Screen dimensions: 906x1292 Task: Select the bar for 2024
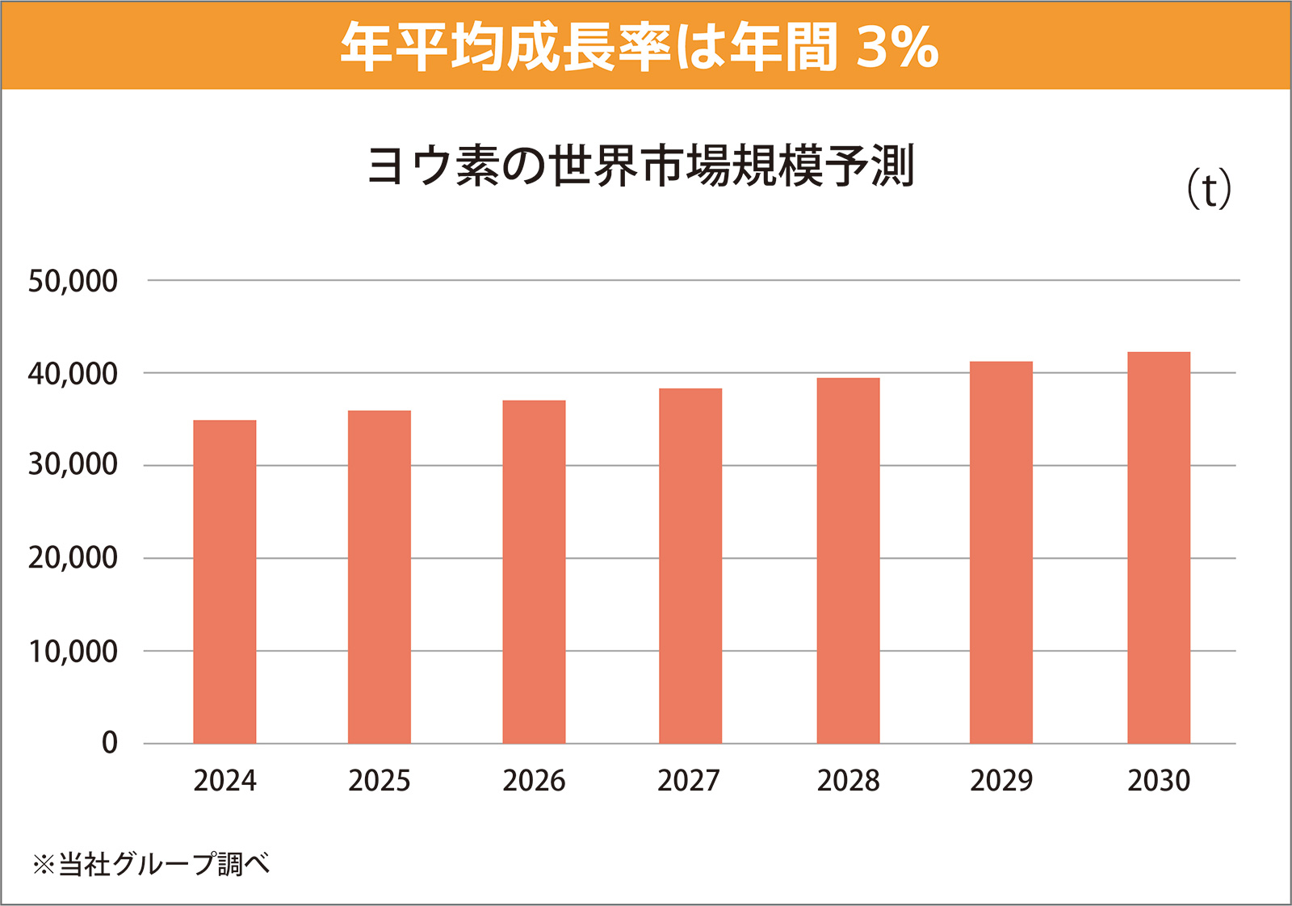(x=224, y=581)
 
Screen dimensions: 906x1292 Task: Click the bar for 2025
(x=380, y=577)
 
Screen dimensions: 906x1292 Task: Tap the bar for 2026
(x=534, y=572)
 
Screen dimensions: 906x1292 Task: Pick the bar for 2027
(x=690, y=565)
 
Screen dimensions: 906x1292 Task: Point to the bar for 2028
(x=848, y=560)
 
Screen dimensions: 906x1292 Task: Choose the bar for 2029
(x=1001, y=552)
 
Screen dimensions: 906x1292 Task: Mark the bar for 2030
(x=1159, y=547)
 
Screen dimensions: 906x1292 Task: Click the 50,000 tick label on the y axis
(x=73, y=281)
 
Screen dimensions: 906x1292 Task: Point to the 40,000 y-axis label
(x=73, y=374)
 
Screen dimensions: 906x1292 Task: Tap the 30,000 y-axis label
(x=73, y=465)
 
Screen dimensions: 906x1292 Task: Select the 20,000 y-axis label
(x=73, y=558)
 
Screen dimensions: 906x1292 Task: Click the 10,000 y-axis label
(x=73, y=651)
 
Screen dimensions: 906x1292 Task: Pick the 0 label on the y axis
(x=109, y=743)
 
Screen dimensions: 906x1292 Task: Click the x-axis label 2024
(x=224, y=781)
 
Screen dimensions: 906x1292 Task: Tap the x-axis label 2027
(x=688, y=781)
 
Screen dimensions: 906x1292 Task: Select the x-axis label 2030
(x=1159, y=781)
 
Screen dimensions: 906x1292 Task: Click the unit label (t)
(x=1209, y=191)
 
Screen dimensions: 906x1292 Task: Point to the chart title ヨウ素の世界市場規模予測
(x=640, y=166)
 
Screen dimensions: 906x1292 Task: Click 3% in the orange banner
(x=897, y=46)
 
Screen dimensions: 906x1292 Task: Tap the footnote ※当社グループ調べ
(x=151, y=864)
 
